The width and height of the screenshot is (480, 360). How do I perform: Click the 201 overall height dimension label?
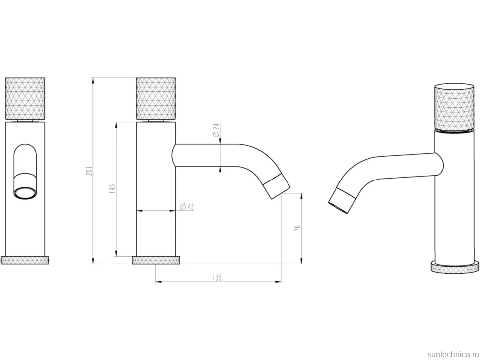coord(89,171)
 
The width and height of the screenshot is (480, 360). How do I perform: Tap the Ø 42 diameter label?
coord(187,207)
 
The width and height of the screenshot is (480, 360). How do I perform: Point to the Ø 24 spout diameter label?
coord(216,130)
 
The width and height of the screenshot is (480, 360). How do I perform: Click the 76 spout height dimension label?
coord(297,228)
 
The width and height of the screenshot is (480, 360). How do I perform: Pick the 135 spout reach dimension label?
coord(216,278)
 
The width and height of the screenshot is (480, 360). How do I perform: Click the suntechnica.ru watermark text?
coord(453,354)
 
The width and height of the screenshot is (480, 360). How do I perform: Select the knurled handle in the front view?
coord(25,98)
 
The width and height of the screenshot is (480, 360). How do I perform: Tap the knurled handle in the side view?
coord(156,98)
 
